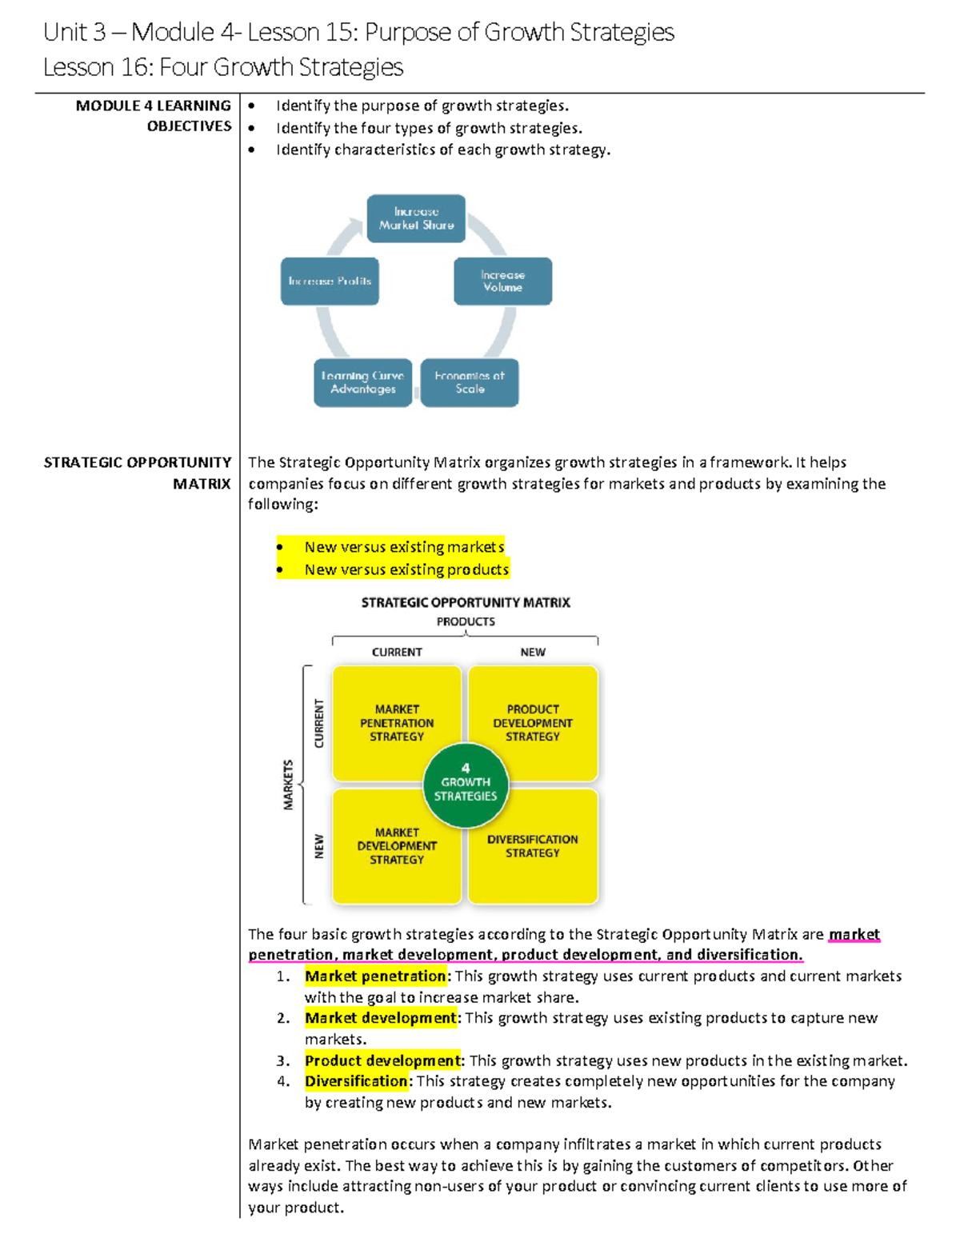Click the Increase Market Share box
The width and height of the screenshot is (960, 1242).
click(416, 218)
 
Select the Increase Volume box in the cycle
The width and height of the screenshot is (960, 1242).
click(502, 281)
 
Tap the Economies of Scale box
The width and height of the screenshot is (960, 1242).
click(470, 382)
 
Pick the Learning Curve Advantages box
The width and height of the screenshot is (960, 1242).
click(362, 382)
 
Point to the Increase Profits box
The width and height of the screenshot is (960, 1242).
click(330, 281)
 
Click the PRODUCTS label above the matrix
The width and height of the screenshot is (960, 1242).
click(466, 621)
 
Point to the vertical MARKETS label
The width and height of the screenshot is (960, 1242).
click(288, 785)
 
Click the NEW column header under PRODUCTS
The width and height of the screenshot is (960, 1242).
click(533, 652)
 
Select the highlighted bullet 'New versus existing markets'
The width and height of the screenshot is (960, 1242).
click(404, 547)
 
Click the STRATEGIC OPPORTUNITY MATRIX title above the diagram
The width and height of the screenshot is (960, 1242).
click(466, 602)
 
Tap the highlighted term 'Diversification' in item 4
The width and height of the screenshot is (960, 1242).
click(357, 1081)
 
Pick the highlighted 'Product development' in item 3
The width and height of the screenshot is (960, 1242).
click(382, 1060)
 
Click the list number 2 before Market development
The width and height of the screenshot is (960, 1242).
click(283, 1018)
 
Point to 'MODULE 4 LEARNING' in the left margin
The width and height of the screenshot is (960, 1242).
click(153, 106)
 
